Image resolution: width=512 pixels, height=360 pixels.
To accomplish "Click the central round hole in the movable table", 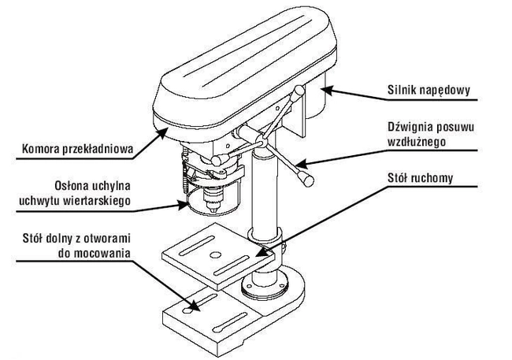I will point(214,256).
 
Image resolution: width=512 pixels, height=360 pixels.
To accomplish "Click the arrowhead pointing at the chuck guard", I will point(184,206).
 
